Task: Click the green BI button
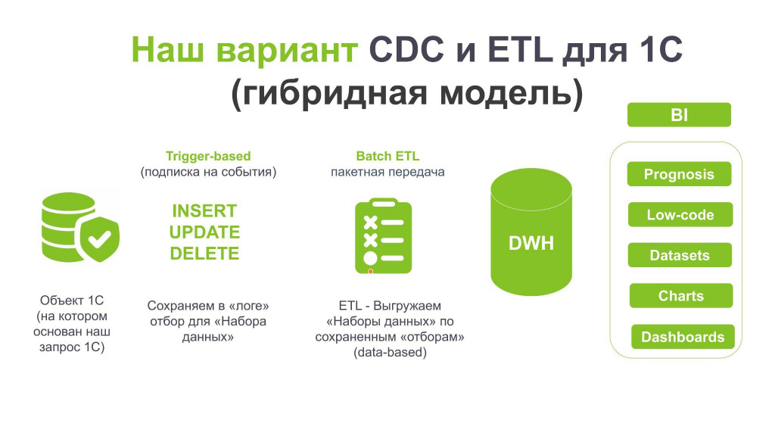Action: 679,115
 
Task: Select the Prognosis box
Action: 679,174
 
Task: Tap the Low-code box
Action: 680,214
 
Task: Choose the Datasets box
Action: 680,255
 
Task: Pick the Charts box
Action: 681,296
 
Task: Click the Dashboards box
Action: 683,337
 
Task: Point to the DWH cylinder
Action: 531,232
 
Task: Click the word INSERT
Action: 204,211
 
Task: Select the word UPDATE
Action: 204,232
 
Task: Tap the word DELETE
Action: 204,254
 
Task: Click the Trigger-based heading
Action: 208,156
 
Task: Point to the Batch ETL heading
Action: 387,156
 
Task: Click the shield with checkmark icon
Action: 100,239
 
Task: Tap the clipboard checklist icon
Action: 384,236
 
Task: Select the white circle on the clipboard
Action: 370,258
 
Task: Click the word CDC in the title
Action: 406,50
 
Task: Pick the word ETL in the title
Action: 520,50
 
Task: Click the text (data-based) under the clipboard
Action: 390,353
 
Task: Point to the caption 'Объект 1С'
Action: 72,300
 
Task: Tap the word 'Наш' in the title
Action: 167,50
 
